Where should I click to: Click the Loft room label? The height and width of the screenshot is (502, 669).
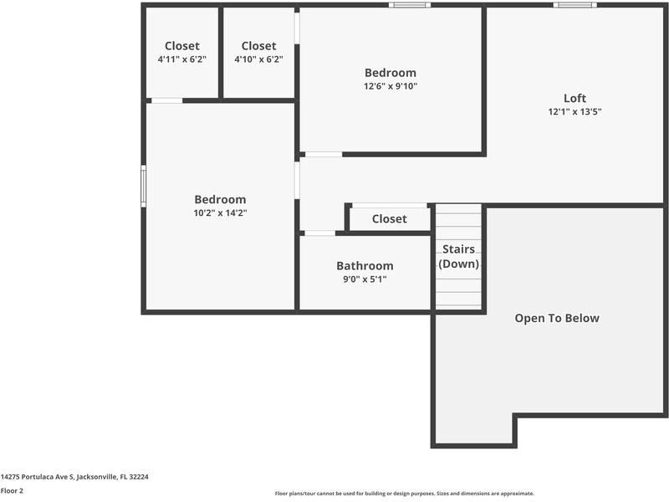(575, 98)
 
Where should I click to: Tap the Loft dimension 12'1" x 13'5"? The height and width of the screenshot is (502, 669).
(575, 111)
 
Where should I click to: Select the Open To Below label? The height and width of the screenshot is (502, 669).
(556, 318)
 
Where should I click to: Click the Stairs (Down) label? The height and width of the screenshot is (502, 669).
(458, 256)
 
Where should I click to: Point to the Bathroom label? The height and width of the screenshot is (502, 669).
(365, 265)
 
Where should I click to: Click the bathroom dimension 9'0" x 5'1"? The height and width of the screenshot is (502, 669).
(365, 279)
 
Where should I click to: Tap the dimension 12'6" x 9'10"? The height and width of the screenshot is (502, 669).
(390, 86)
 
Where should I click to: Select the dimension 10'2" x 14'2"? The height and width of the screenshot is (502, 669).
(220, 213)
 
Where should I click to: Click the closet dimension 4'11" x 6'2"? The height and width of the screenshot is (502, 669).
(181, 59)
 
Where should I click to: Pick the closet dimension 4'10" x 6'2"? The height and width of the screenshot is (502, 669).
(258, 59)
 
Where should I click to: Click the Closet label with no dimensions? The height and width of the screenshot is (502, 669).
(389, 218)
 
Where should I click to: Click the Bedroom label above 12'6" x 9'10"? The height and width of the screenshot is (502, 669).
(390, 73)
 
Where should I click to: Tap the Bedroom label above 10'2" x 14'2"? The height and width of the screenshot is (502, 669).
(220, 199)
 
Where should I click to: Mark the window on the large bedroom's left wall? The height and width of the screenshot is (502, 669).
(144, 186)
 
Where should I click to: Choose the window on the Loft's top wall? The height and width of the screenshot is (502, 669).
(575, 5)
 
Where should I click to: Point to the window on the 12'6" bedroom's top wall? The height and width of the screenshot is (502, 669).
(410, 5)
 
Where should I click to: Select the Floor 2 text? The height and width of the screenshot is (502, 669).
(12, 490)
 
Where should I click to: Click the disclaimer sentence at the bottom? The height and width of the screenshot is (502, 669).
(404, 494)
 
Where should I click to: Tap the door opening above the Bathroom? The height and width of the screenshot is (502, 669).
(319, 233)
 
